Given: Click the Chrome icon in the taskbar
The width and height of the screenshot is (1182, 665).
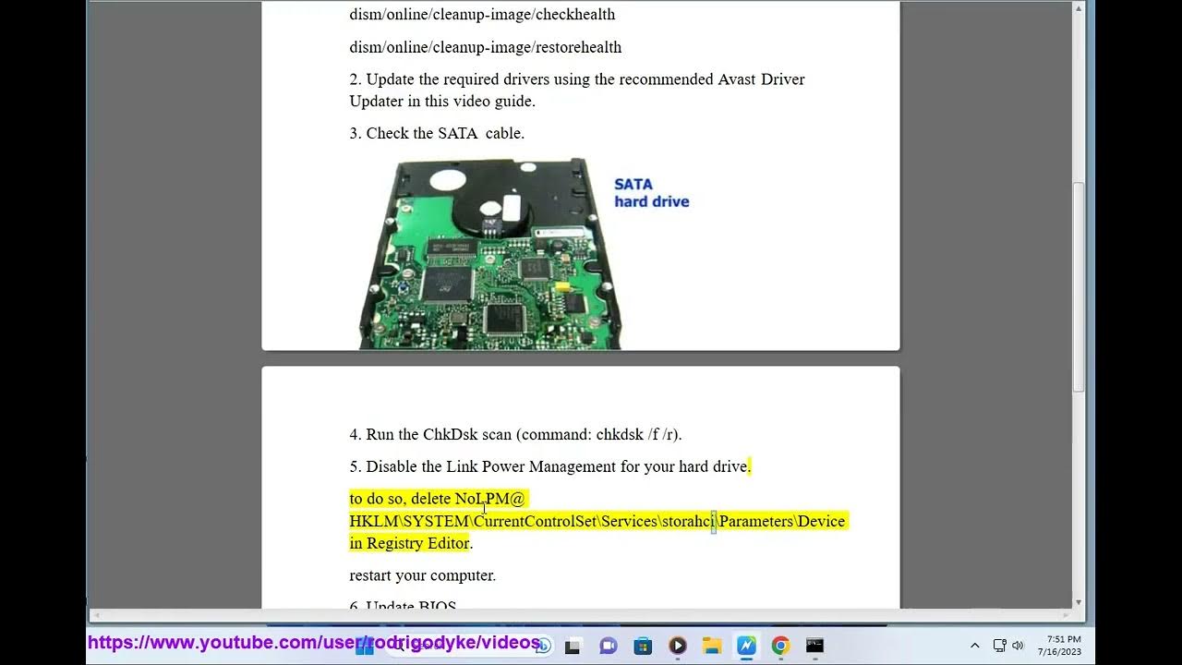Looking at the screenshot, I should pos(780,646).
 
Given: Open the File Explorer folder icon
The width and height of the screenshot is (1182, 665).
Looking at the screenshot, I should pos(711,646).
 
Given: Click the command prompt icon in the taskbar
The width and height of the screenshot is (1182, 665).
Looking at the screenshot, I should pos(814,646).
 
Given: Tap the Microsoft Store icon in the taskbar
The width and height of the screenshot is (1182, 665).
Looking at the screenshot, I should pos(643,646).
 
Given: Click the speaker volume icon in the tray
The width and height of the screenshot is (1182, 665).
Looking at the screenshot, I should pos(1018,646).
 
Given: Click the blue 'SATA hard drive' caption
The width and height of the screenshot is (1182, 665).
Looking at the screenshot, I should pos(651,193).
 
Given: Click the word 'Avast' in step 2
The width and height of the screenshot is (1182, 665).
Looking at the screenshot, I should pos(738,79).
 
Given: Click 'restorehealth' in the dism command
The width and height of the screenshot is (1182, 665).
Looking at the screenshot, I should pos(578,47).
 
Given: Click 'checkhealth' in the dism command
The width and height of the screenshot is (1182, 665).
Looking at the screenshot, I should pos(575,15).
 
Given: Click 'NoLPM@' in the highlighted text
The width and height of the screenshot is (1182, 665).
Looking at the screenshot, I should pos(489,499).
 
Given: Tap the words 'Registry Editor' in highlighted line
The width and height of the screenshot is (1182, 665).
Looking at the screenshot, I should pos(417,543).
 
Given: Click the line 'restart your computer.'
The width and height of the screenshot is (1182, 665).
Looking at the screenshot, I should pos(422,575).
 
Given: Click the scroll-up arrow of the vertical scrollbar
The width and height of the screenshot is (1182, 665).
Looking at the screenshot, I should pos(1079,9).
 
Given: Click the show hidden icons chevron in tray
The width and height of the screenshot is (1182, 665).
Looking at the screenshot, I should pos(974,646).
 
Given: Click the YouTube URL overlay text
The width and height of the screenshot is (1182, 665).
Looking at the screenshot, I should pos(314,642).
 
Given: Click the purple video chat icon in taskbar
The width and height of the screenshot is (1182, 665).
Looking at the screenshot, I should pos(608,646).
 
